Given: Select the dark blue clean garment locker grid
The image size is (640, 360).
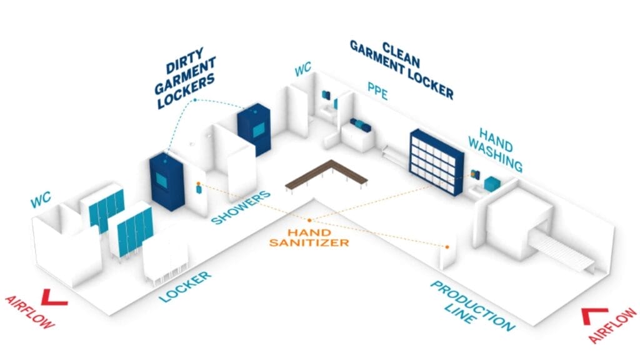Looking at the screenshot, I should tap(436, 161).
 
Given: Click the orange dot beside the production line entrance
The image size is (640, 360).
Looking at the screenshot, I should tap(447, 247).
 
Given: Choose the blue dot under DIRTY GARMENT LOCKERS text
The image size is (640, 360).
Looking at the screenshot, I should tap(196, 100).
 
